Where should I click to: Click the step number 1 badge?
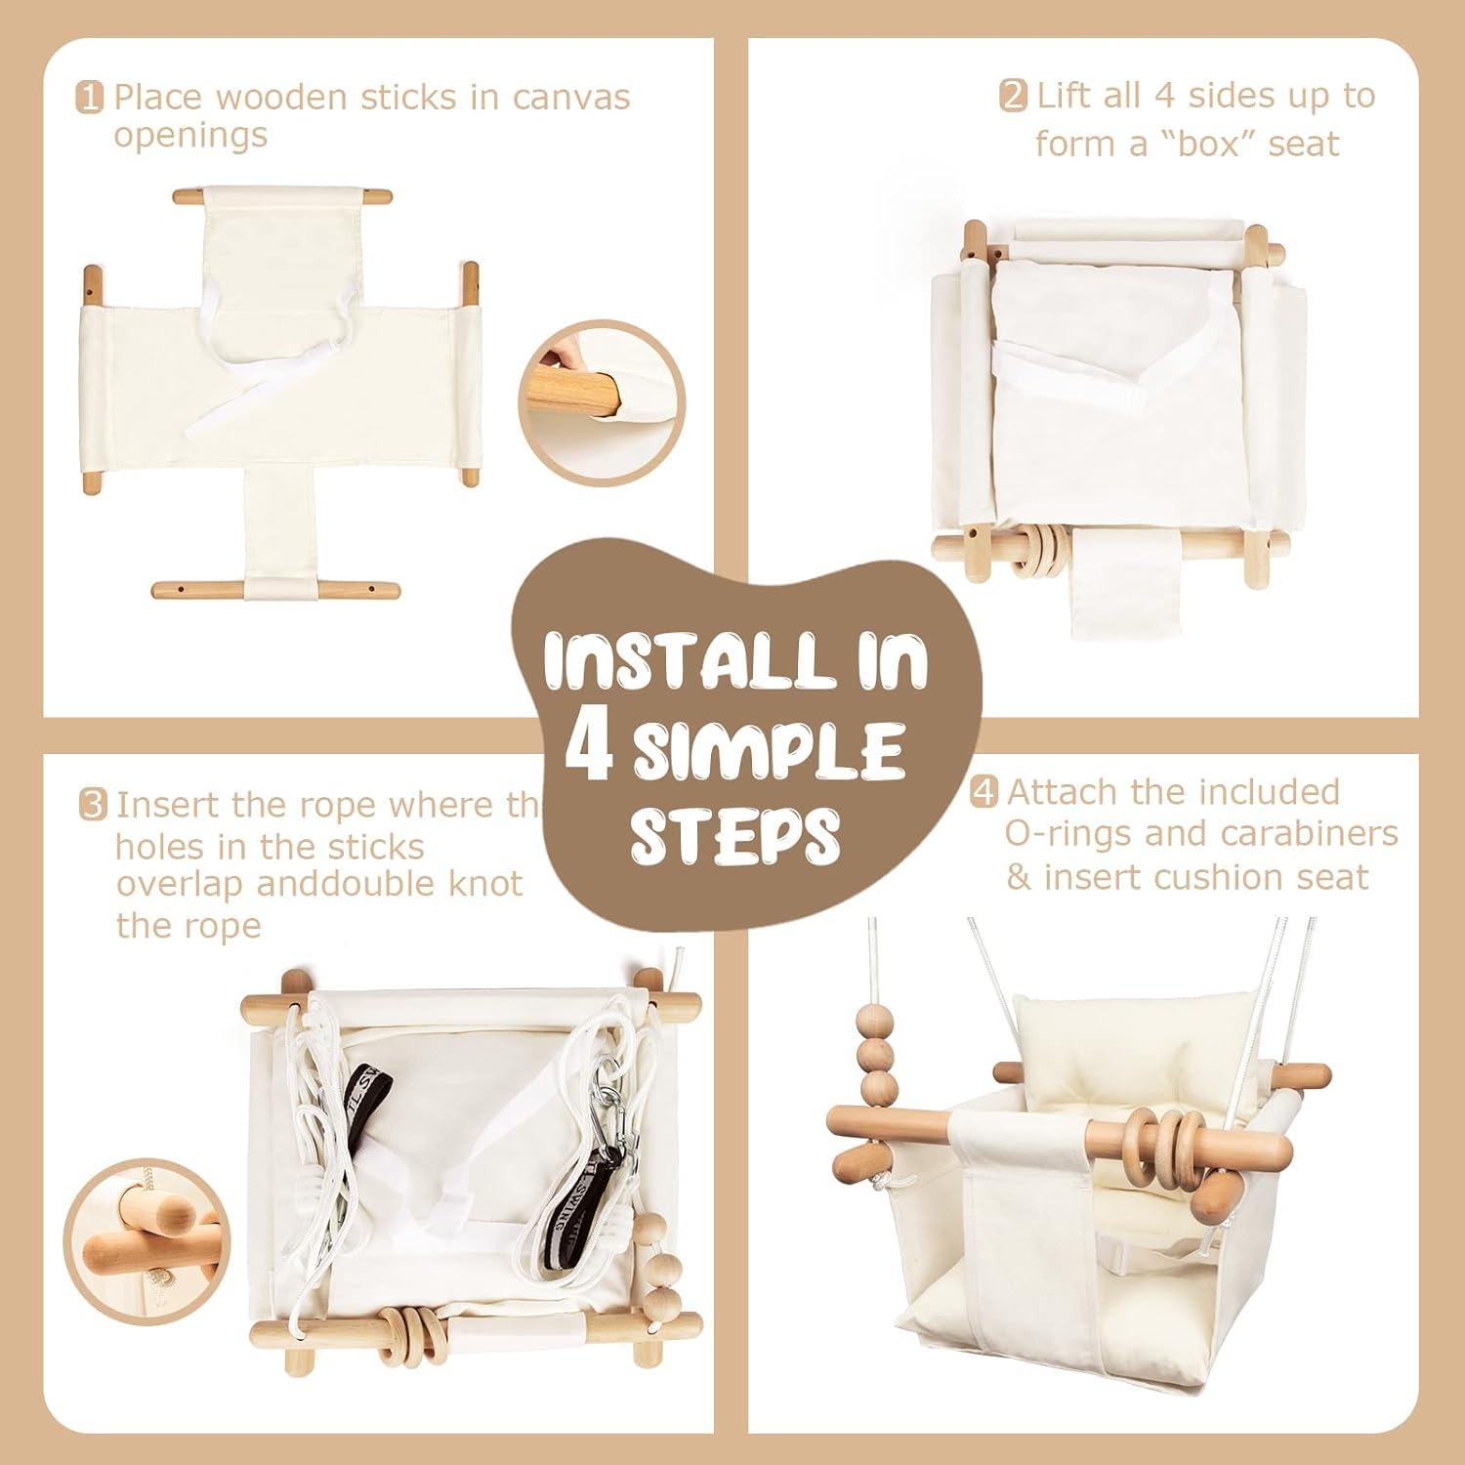[89, 99]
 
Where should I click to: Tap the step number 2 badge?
[1013, 97]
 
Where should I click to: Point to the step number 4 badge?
[984, 792]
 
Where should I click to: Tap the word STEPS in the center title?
[734, 836]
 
